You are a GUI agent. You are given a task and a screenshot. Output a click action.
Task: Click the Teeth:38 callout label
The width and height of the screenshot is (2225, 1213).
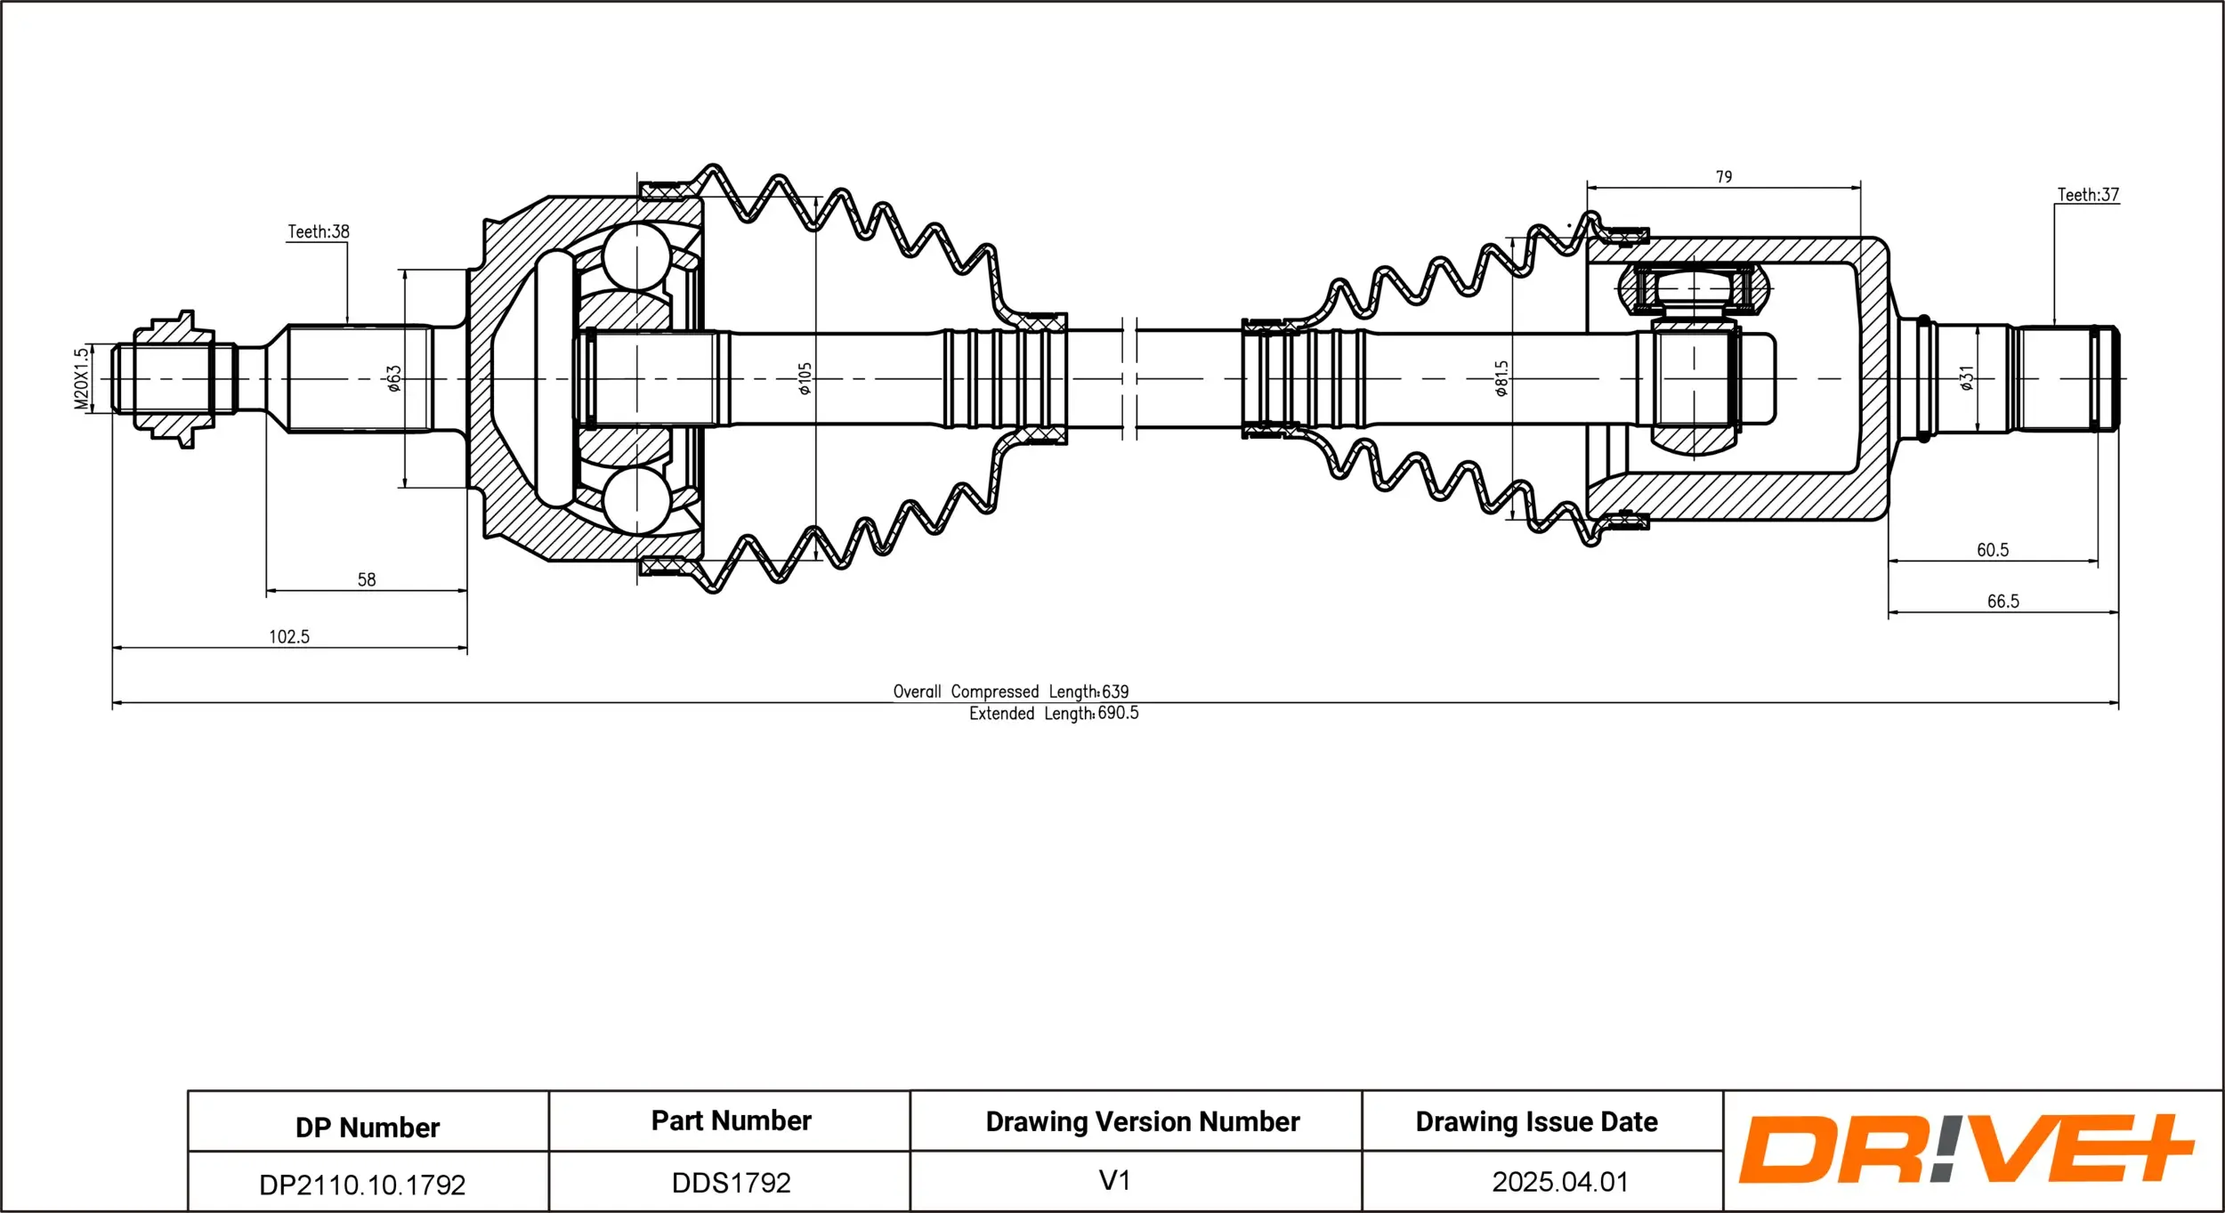coord(319,232)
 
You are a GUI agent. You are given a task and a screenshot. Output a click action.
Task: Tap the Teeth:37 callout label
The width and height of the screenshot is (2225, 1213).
coord(2088,195)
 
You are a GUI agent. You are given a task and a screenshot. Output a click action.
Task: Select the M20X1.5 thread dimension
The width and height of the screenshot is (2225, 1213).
coord(82,379)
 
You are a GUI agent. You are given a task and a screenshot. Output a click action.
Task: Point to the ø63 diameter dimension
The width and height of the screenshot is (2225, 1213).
coord(393,378)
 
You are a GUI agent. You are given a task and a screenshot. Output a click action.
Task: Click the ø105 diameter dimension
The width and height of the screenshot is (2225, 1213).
coord(805,378)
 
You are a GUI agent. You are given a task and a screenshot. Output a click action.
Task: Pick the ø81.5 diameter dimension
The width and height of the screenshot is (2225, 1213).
coord(1501,378)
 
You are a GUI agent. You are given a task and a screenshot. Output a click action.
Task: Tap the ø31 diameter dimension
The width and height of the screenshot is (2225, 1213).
coord(1967,378)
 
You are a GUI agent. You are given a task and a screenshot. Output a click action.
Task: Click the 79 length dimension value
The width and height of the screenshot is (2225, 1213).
coord(1724,177)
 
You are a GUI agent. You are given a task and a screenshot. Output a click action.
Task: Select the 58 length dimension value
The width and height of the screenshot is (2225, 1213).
coord(367,580)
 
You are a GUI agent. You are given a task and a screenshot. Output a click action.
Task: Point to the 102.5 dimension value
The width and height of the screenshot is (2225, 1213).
coord(289,637)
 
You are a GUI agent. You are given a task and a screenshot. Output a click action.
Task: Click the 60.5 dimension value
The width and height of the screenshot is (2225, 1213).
coord(1993,551)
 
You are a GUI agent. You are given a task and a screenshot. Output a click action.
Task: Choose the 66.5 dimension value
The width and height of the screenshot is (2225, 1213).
coord(2003,602)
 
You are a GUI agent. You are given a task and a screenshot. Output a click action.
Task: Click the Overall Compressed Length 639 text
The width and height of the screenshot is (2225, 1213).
coord(1011,691)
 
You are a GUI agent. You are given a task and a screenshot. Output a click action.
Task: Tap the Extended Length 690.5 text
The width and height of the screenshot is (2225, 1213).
coord(1054,714)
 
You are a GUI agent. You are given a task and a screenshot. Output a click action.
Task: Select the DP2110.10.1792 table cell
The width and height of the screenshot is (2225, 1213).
coord(362,1185)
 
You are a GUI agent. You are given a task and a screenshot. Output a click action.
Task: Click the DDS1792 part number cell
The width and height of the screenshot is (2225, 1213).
coord(731,1183)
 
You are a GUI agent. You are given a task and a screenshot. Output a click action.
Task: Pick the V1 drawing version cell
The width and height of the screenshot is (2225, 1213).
coord(1114,1181)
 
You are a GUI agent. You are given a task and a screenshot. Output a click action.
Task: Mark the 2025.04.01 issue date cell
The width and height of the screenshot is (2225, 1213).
coord(1559,1182)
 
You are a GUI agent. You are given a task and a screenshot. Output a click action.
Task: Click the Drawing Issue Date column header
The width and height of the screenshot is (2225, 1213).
coord(1536,1122)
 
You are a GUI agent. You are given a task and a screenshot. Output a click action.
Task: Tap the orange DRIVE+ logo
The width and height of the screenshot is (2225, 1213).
coord(1965,1149)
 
